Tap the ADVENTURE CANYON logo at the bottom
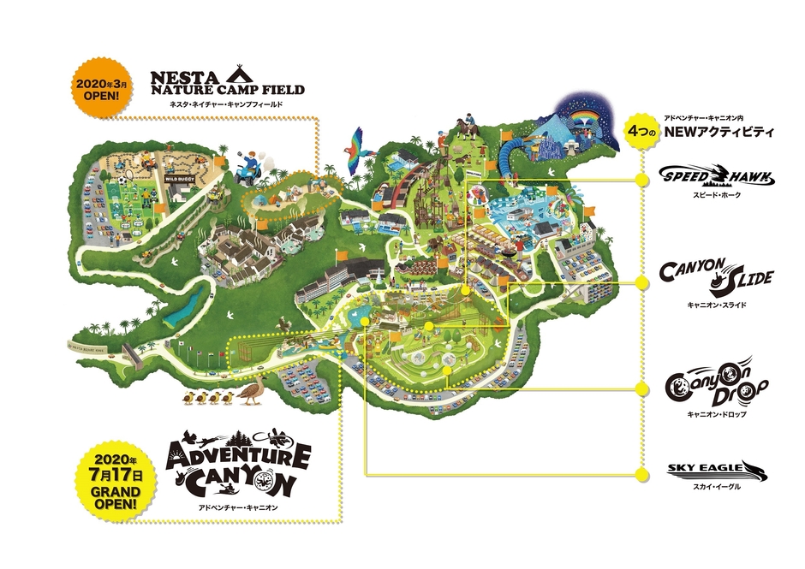[x=238, y=467]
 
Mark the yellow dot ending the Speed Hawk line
[x=641, y=179]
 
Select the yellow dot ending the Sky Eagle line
[x=641, y=473]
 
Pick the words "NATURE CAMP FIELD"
[x=226, y=89]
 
